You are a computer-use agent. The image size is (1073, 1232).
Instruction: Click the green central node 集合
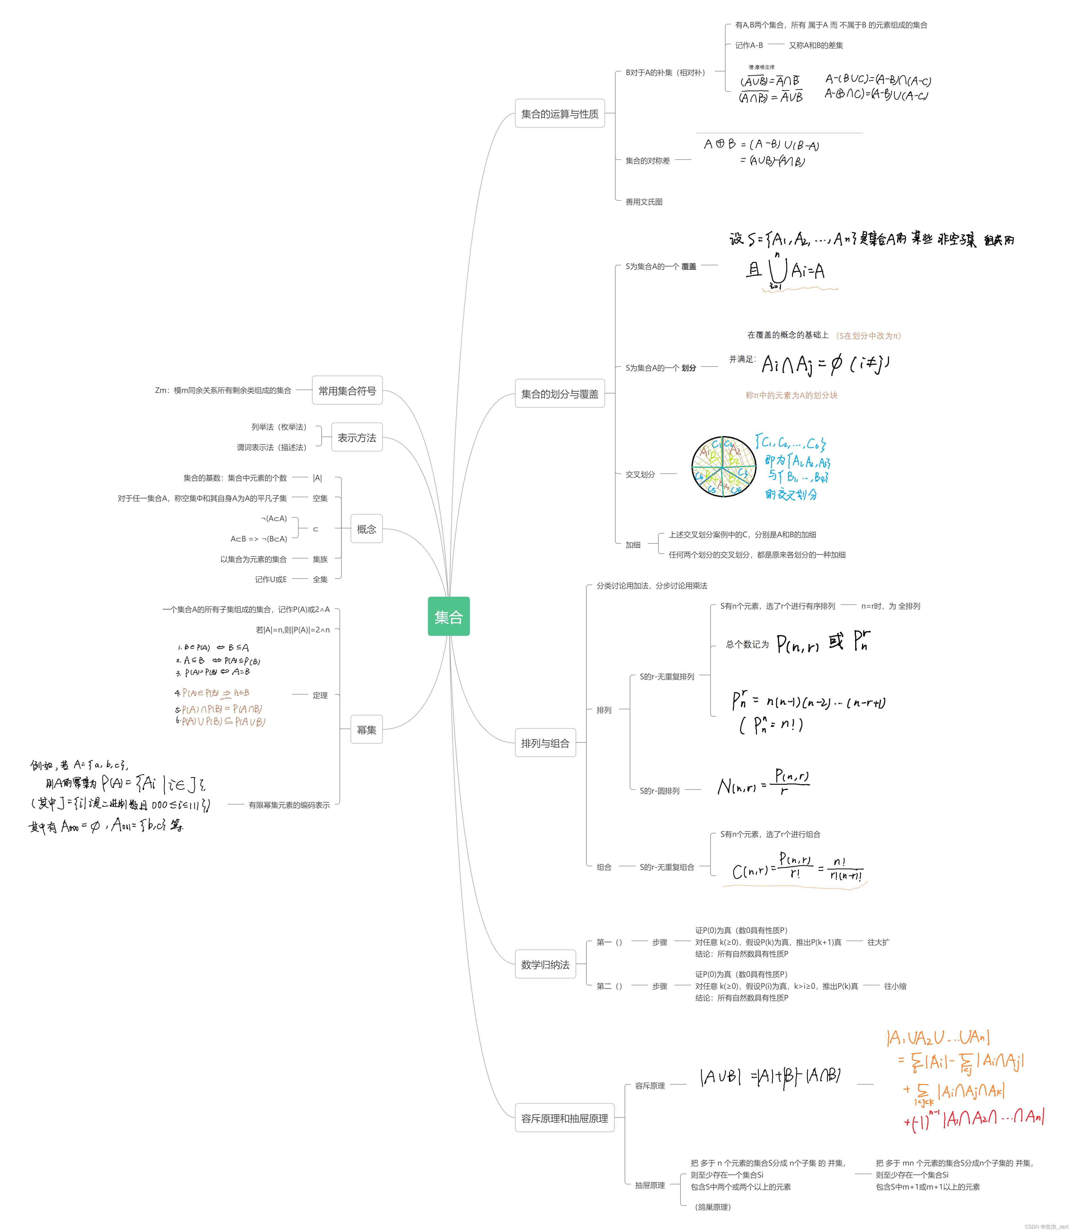coord(448,616)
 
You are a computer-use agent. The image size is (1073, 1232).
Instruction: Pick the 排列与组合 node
coord(545,743)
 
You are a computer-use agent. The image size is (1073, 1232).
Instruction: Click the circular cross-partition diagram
coord(723,467)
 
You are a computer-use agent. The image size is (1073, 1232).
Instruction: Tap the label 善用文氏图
coord(644,202)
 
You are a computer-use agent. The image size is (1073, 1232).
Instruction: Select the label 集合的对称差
coord(647,160)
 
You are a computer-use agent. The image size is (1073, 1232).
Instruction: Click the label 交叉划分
coord(640,474)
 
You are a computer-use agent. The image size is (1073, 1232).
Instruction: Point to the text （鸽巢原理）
coord(712,1207)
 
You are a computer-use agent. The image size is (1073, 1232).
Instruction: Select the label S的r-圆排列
coord(659,791)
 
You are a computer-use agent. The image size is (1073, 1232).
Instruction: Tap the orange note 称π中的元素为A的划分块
coord(791,395)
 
